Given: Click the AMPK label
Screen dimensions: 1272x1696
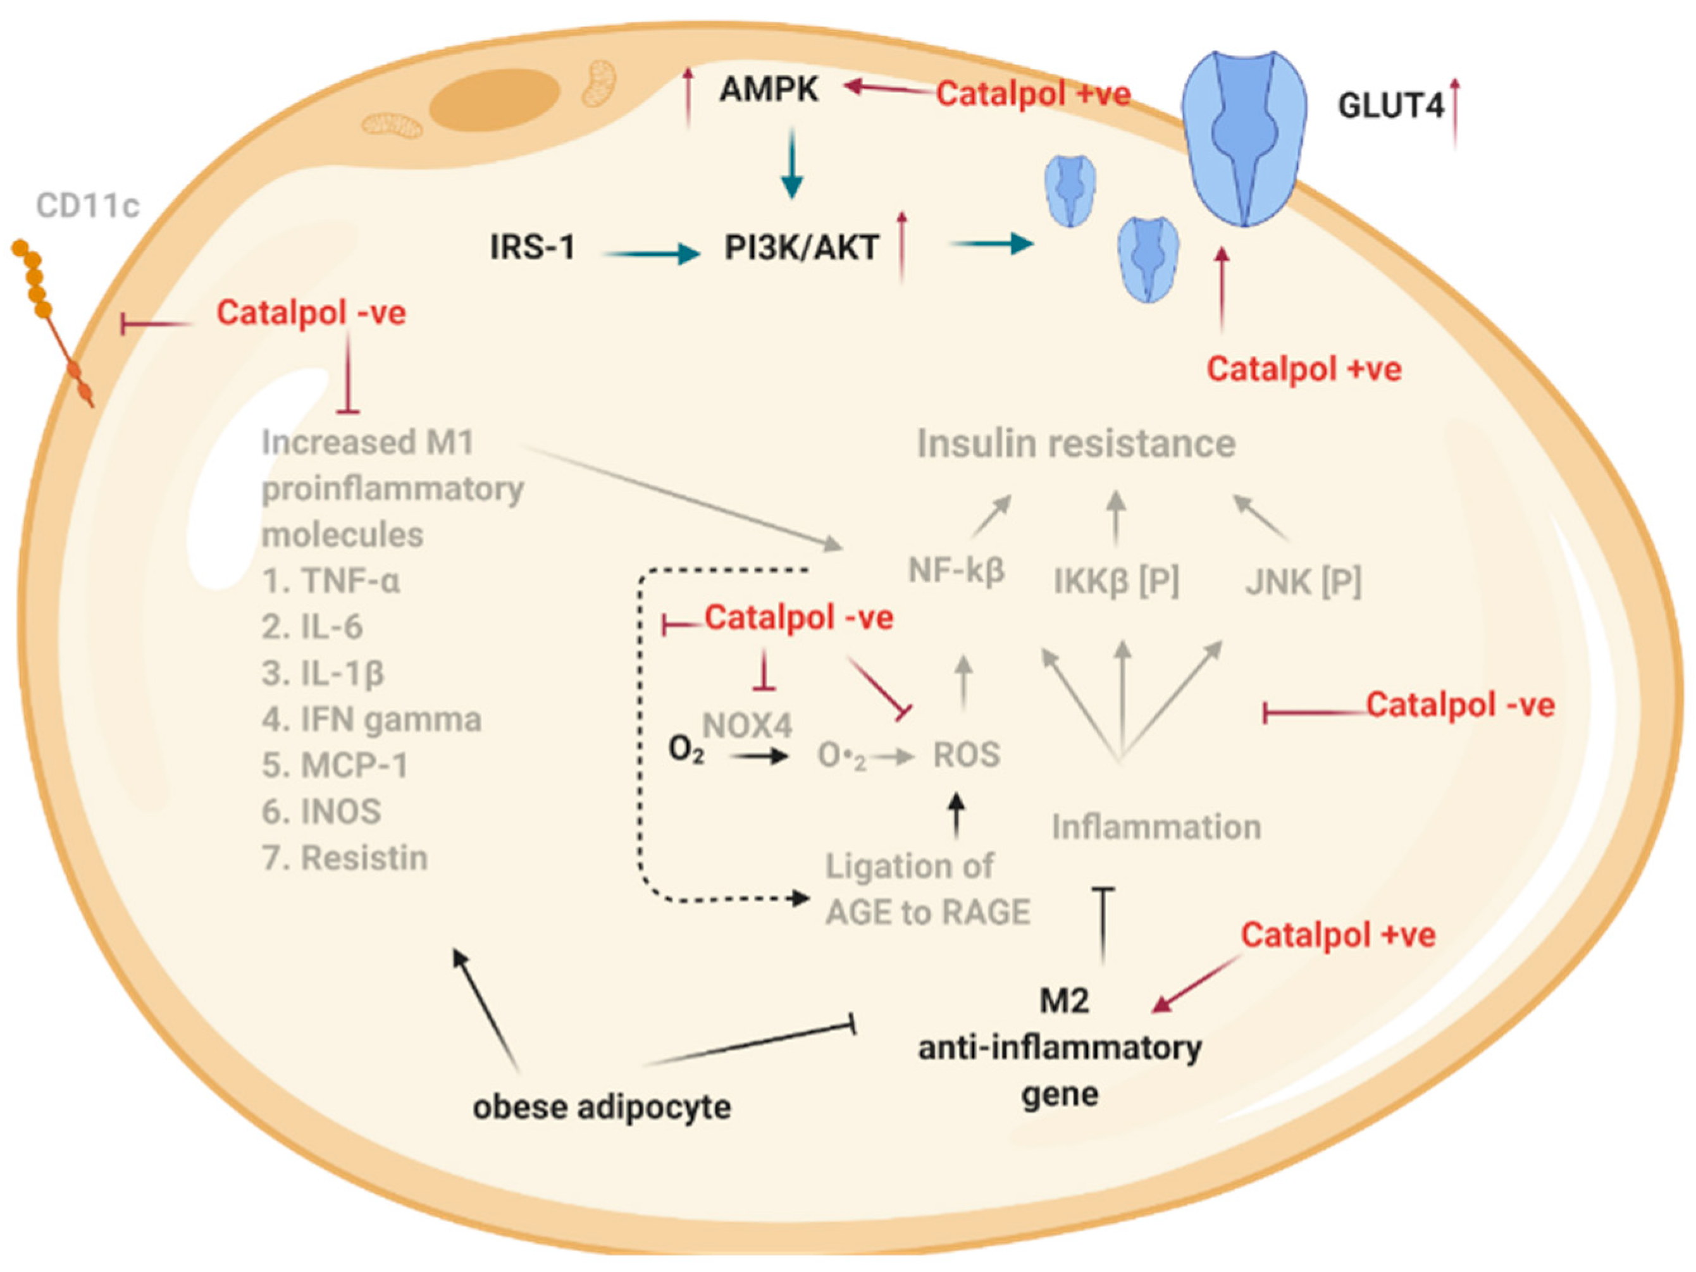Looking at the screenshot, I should [x=769, y=90].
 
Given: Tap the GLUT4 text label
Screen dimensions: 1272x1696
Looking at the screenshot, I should [x=1390, y=106].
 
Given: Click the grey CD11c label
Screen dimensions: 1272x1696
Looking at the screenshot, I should [x=87, y=206].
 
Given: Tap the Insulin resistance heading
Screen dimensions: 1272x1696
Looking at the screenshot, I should [x=1075, y=444].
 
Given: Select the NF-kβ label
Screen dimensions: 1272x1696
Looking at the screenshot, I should [x=956, y=570].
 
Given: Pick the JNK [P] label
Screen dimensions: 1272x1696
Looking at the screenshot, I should [x=1303, y=582].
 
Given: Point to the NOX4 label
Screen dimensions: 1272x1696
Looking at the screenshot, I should [x=748, y=726].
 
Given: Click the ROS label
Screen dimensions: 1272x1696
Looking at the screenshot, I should [x=966, y=755].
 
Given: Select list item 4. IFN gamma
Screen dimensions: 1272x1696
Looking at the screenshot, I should [x=371, y=719].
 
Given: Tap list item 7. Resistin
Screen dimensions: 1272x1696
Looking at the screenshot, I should [x=344, y=858].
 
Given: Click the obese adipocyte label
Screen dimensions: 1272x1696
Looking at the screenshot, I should [x=602, y=1107].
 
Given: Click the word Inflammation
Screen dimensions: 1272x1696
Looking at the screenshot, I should [x=1156, y=827].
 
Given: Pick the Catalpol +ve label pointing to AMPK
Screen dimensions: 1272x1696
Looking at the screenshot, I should [x=1033, y=94].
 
